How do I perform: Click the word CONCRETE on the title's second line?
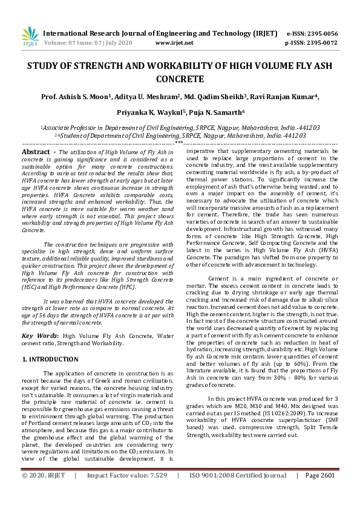[x=180, y=79]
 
